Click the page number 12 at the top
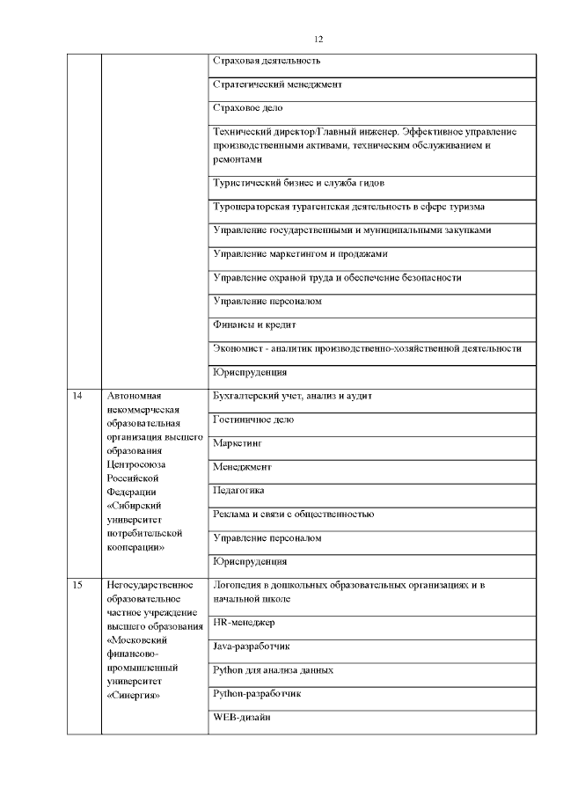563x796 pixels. pos(318,39)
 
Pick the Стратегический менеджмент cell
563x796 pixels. pos(277,84)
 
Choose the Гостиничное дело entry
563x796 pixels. pos(254,420)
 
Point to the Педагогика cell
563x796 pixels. pos(239,490)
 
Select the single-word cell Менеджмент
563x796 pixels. pos(243,467)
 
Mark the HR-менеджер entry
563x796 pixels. pos(245,623)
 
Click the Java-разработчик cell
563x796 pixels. pos(252,646)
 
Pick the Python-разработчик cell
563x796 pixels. pos(258,694)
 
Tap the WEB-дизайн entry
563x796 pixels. pos(241,718)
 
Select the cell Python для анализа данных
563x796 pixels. pos(274,670)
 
